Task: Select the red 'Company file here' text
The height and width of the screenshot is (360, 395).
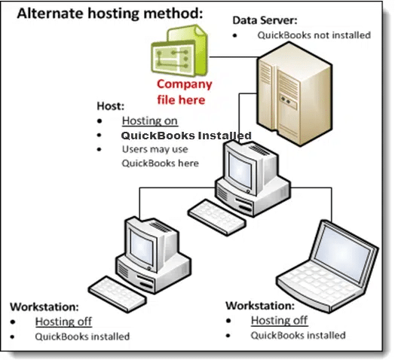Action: [x=184, y=91]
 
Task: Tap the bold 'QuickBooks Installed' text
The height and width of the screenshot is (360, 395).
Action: [x=186, y=136]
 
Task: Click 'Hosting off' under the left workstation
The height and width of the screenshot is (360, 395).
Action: [x=63, y=322]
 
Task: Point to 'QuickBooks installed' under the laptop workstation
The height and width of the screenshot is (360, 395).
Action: [x=298, y=335]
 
